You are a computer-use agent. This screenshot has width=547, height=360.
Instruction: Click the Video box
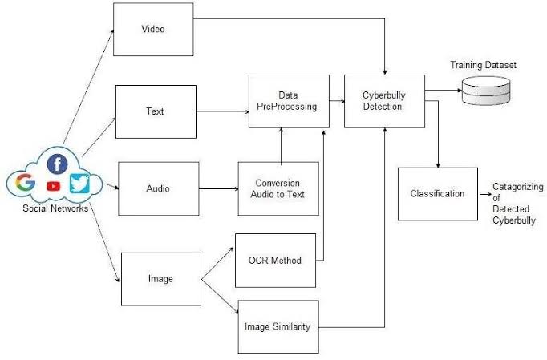(152, 30)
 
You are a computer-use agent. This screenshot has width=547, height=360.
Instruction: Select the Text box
(156, 111)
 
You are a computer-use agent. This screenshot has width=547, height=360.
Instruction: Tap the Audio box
(158, 188)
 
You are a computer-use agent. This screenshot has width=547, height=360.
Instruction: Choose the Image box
(160, 278)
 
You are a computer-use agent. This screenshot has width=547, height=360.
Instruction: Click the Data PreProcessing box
(289, 101)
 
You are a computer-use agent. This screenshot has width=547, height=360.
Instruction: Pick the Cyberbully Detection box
(384, 101)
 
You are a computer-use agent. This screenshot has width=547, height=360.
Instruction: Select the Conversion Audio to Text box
(278, 188)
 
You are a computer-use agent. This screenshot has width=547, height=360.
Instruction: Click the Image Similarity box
(278, 326)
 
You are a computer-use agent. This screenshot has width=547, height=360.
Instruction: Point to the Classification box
(437, 194)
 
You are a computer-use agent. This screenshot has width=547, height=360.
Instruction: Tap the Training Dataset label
(483, 63)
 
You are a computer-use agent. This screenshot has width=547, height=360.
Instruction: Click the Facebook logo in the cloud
(57, 164)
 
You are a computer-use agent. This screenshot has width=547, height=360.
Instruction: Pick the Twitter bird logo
(79, 184)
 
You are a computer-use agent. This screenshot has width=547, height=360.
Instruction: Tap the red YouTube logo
(54, 186)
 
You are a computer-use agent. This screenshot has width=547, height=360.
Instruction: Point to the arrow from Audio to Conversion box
(217, 189)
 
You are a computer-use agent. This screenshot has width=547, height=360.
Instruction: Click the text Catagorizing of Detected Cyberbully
(518, 203)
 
